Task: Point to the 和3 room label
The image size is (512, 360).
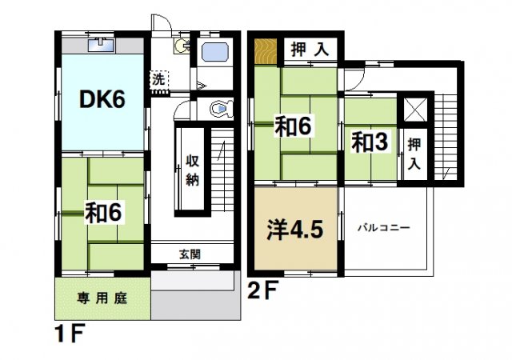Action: [x=370, y=142]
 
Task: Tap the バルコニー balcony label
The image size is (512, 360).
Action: [x=384, y=228]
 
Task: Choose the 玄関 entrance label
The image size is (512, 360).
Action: [x=190, y=254]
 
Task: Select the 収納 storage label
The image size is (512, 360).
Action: [x=194, y=168]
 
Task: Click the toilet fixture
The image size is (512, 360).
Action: [x=218, y=108]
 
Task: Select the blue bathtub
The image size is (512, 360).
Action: [x=215, y=54]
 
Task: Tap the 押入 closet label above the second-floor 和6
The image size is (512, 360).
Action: [x=309, y=49]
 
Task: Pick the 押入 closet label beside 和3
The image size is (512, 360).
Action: [x=414, y=154]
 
